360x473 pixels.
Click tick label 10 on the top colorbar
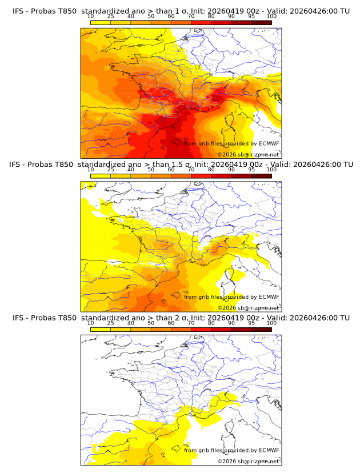pyautogui.click(x=91, y=16)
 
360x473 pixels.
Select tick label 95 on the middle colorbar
pyautogui.click(x=251, y=170)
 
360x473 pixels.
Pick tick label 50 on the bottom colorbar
pyautogui.click(x=151, y=323)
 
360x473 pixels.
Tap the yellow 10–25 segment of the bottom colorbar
pyautogui.click(x=101, y=329)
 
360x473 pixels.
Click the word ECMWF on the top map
pyautogui.click(x=269, y=143)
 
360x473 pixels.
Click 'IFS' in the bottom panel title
pyautogui.click(x=18, y=318)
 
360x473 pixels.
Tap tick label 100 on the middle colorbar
pyautogui.click(x=271, y=170)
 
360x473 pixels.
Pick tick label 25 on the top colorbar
pyautogui.click(x=111, y=16)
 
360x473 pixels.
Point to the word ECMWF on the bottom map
pyautogui.click(x=269, y=450)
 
